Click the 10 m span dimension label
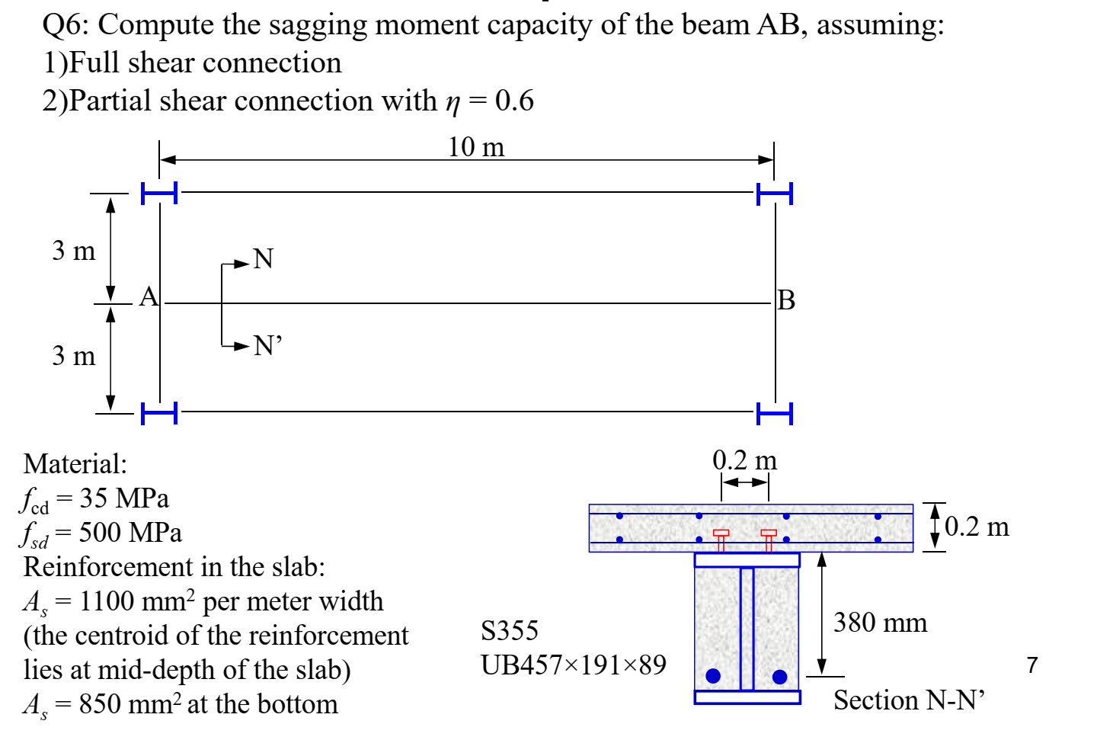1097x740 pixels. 476,147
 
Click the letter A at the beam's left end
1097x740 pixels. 149,296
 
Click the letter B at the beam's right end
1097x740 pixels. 787,300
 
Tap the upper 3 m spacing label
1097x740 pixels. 74,251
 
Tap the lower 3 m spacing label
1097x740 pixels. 74,356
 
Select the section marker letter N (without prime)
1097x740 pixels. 263,259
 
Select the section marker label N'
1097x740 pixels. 267,346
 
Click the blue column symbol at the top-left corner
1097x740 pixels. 159,194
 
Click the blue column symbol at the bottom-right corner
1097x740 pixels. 775,413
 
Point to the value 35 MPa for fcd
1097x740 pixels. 124,498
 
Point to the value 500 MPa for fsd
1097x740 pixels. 130,533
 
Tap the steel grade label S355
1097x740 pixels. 509,631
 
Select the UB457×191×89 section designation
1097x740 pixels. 573,665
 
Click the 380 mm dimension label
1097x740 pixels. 880,623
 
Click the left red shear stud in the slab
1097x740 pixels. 721,539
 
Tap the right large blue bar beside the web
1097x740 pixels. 779,677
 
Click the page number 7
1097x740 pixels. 1032,665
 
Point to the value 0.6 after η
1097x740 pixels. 514,101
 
